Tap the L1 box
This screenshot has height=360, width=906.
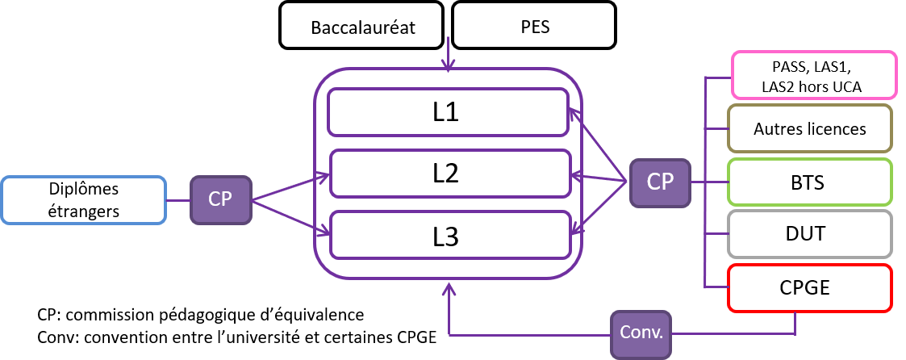pos(447,111)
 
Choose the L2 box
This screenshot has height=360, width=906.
pos(447,173)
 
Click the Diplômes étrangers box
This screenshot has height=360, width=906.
pos(83,199)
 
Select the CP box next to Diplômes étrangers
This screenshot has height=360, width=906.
pos(219,199)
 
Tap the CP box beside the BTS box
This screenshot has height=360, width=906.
pos(660,182)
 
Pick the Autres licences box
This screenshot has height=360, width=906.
pos(809,128)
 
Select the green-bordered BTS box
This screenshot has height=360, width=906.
pos(809,182)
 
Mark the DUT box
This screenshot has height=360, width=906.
pos(809,235)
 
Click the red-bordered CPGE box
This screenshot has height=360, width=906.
pos(809,288)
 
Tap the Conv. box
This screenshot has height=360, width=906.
pos(641,332)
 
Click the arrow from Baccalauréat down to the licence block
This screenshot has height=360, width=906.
pos(448,57)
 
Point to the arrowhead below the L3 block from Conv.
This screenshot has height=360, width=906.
pos(448,287)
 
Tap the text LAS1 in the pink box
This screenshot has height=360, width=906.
pos(833,66)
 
